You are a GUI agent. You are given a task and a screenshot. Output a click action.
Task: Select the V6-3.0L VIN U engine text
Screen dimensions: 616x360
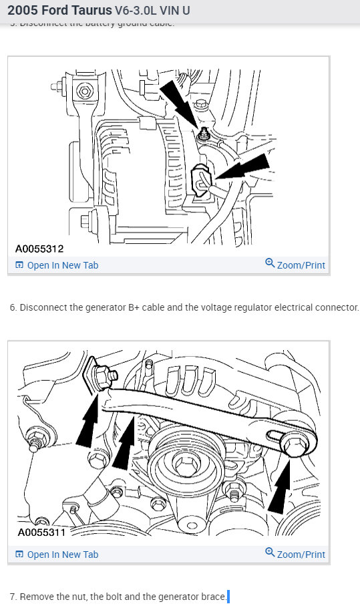[162, 12]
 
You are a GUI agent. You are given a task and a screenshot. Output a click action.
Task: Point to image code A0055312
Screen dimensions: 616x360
[39, 249]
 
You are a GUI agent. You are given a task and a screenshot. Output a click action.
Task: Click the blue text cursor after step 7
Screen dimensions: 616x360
[228, 597]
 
